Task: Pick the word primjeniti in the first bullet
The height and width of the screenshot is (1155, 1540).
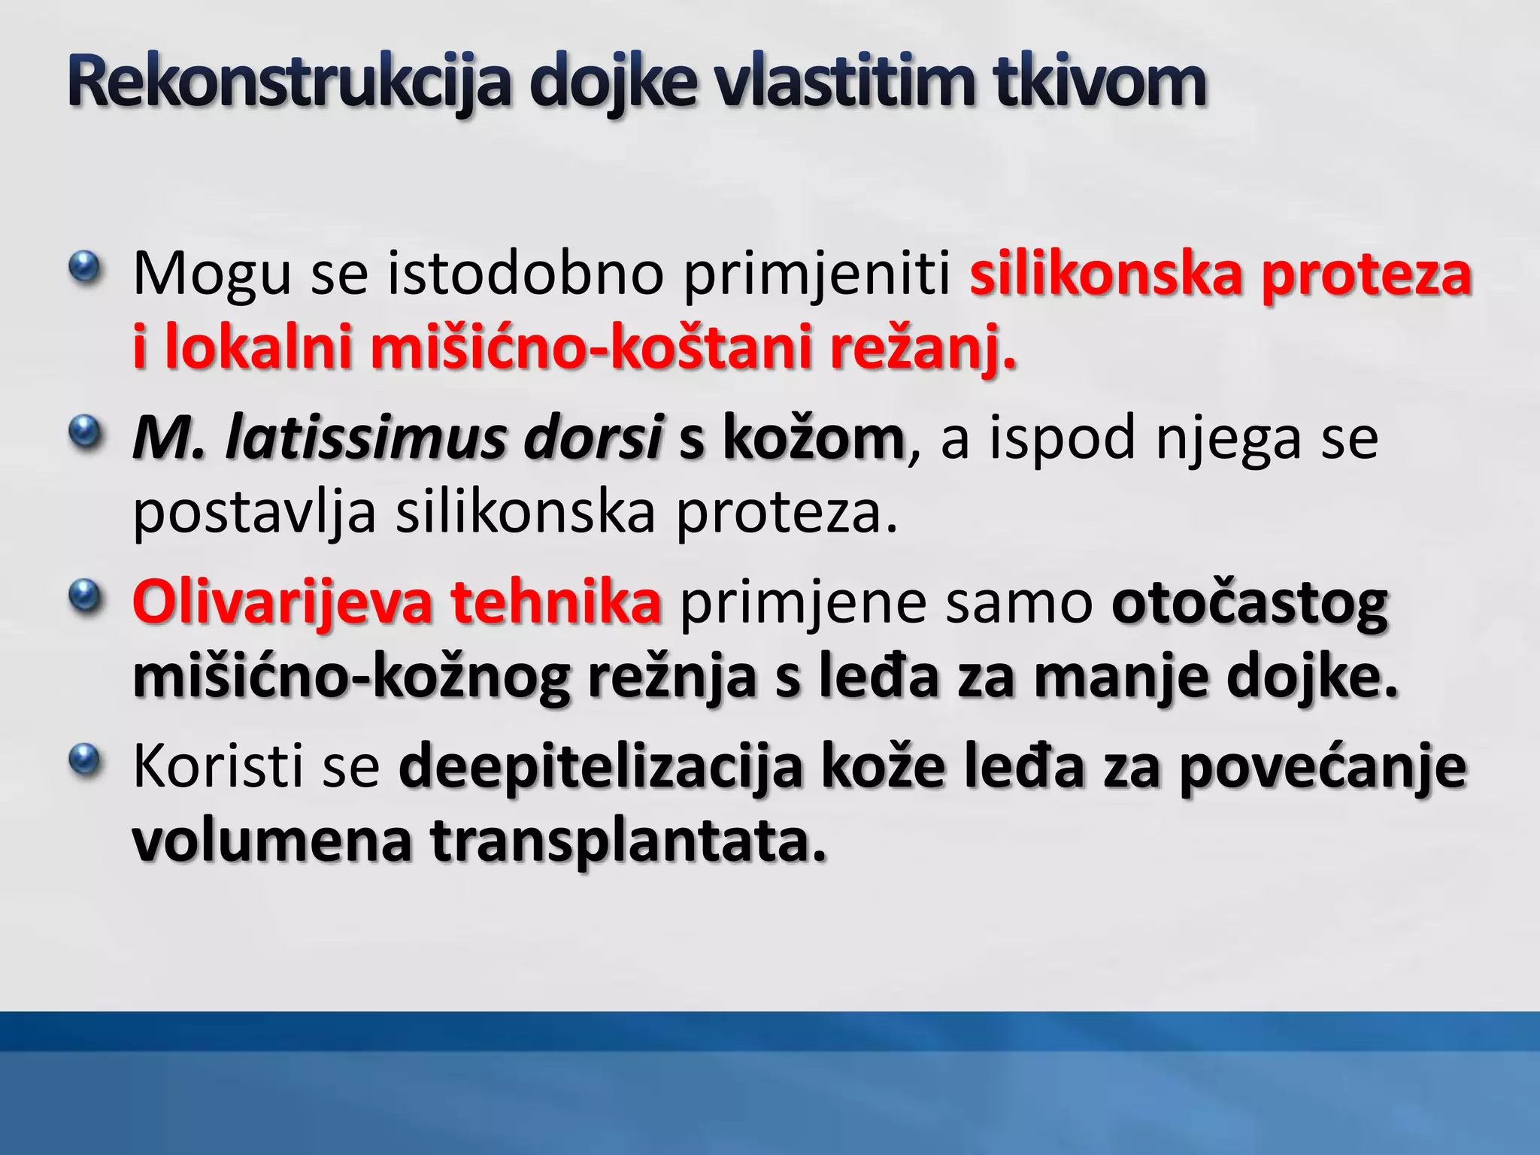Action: pyautogui.click(x=817, y=274)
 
